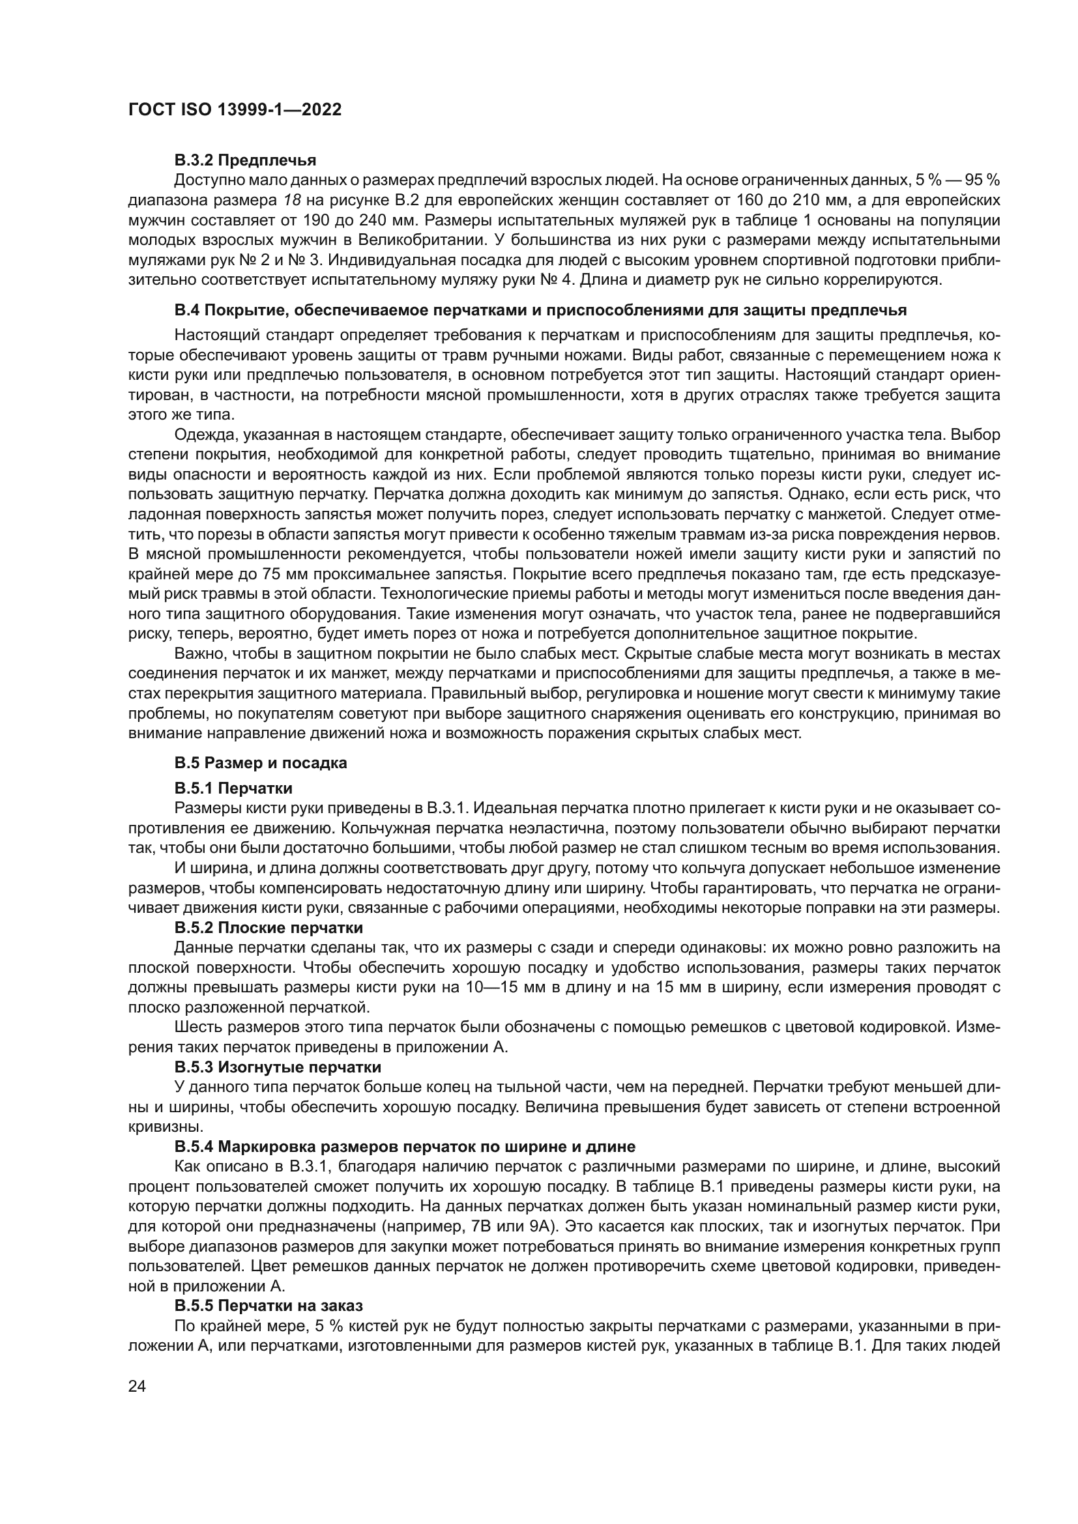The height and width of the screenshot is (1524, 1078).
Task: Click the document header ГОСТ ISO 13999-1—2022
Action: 235,110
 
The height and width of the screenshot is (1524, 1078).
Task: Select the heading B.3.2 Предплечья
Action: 245,160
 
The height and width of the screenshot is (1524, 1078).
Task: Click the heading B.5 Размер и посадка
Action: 260,763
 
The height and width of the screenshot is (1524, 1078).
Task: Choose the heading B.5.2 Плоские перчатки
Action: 268,927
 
